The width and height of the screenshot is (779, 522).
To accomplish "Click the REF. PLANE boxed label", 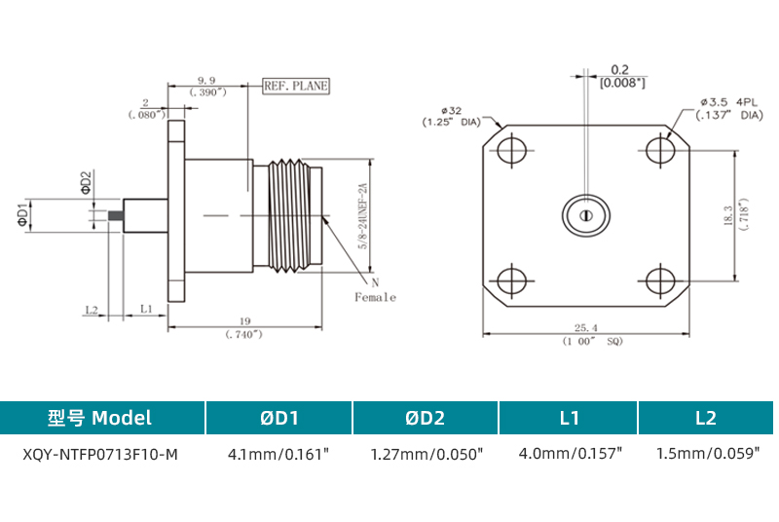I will [x=296, y=86].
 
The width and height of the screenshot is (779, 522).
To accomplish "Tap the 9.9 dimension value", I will [x=205, y=79].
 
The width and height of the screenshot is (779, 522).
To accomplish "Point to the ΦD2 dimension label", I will [x=85, y=182].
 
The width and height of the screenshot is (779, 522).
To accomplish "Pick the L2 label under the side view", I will [x=92, y=309].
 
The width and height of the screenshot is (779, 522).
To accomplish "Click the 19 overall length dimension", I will [x=245, y=320].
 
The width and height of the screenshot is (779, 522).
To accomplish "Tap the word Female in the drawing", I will [x=375, y=297].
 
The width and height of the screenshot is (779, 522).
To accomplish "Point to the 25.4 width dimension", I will [x=586, y=328].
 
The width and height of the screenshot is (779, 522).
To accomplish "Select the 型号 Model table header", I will [x=100, y=418].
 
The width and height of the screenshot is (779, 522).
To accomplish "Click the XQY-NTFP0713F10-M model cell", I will [x=100, y=454].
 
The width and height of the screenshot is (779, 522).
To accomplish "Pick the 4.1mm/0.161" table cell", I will [x=278, y=454].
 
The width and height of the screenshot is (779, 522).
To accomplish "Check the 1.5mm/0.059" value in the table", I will [x=705, y=454].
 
